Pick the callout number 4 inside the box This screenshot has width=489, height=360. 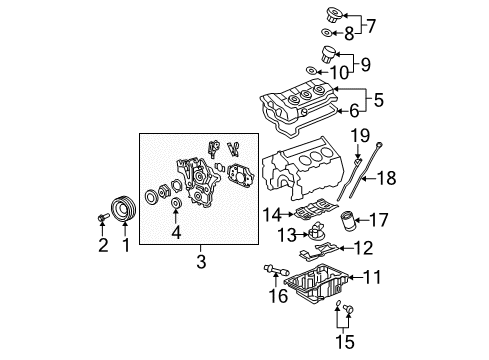tap(176, 235)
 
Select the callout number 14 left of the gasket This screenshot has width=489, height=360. tap(270, 214)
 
